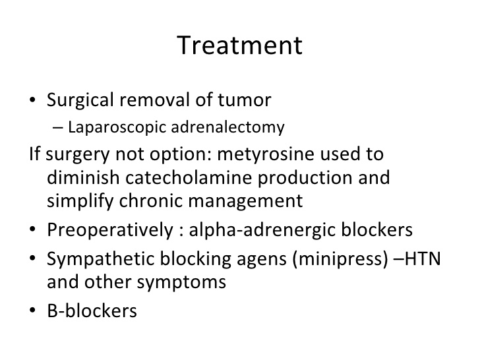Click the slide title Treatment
tap(240, 45)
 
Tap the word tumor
tap(244, 100)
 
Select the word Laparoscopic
tap(117, 127)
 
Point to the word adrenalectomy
tap(227, 127)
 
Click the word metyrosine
tap(266, 154)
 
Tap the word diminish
tap(83, 177)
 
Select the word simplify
tap(80, 202)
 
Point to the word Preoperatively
tap(109, 230)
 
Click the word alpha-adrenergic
tap(262, 230)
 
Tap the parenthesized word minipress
tap(340, 259)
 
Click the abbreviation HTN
tap(423, 258)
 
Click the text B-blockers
tap(92, 311)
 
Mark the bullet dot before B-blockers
tap(32, 311)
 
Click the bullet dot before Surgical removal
tap(32, 100)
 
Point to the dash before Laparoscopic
tap(57, 128)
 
